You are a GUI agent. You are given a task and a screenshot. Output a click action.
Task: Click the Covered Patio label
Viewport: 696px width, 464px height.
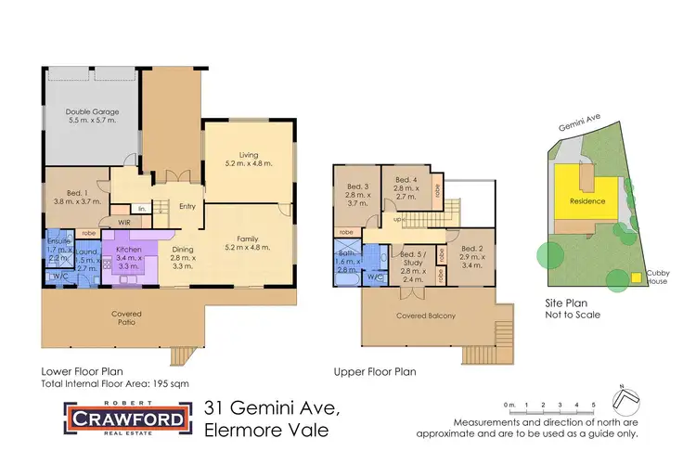pyautogui.click(x=125, y=318)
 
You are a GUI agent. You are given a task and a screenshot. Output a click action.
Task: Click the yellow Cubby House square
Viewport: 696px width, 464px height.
pyautogui.click(x=637, y=277)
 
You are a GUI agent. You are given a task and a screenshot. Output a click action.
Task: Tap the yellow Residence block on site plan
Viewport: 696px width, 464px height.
pyautogui.click(x=587, y=201)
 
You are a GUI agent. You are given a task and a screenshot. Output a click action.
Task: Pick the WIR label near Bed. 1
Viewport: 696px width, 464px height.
pyautogui.click(x=124, y=224)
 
